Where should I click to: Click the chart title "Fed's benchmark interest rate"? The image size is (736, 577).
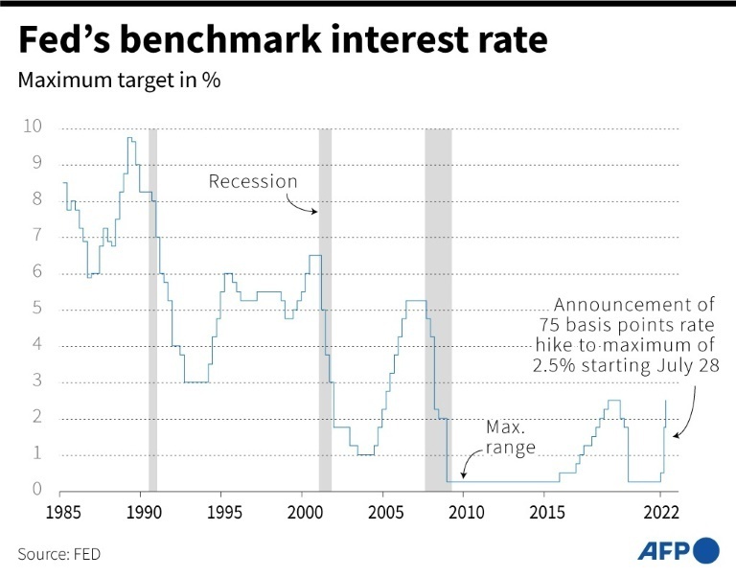click(283, 42)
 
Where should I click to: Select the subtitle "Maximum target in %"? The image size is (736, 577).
click(120, 81)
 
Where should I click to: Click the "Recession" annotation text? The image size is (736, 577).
click(253, 182)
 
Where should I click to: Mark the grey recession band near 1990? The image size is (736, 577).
click(152, 307)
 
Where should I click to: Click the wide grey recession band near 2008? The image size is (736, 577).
click(438, 307)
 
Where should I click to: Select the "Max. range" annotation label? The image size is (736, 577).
click(509, 436)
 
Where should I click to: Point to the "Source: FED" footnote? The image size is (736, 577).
click(59, 553)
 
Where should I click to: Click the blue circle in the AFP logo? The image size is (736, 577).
click(705, 550)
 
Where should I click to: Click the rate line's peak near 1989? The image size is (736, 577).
click(129, 139)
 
